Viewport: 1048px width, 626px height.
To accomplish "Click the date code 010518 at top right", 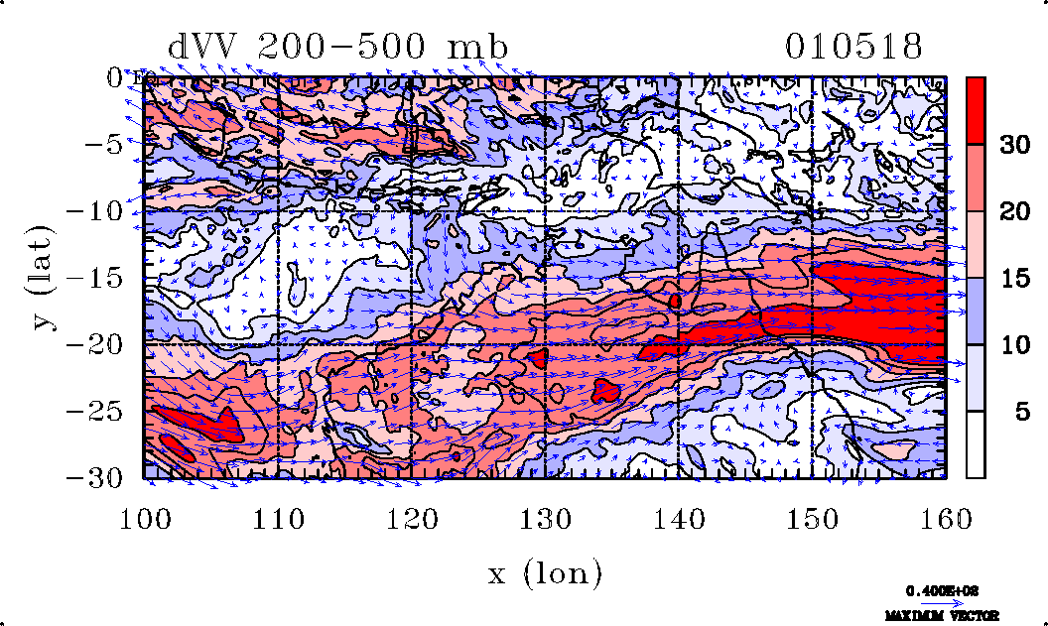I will [854, 47].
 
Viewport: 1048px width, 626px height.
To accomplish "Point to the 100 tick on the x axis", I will [146, 516].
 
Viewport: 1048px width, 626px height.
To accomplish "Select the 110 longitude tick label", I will [279, 516].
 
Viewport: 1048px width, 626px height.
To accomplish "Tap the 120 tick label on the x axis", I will [413, 516].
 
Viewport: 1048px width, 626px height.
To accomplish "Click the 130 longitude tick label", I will [546, 516].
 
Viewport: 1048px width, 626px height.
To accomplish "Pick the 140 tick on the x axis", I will [679, 516].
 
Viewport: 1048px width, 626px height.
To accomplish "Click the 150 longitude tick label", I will [812, 516].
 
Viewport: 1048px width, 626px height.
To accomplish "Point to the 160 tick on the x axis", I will [945, 516].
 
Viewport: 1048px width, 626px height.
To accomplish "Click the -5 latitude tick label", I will [105, 144].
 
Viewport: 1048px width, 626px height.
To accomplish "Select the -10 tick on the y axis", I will [96, 211].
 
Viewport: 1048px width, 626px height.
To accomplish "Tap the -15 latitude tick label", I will [96, 278].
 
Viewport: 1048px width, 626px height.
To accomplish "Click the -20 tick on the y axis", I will [96, 344].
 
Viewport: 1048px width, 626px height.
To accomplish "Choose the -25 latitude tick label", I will [96, 411].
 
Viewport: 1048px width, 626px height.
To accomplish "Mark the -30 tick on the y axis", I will [96, 477].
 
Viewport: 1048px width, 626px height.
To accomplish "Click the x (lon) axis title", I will [545, 572].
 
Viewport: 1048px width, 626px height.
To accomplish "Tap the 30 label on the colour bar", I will [1013, 145].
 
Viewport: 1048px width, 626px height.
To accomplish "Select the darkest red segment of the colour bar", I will [977, 110].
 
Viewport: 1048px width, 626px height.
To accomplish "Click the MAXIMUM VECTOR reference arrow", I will [936, 602].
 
